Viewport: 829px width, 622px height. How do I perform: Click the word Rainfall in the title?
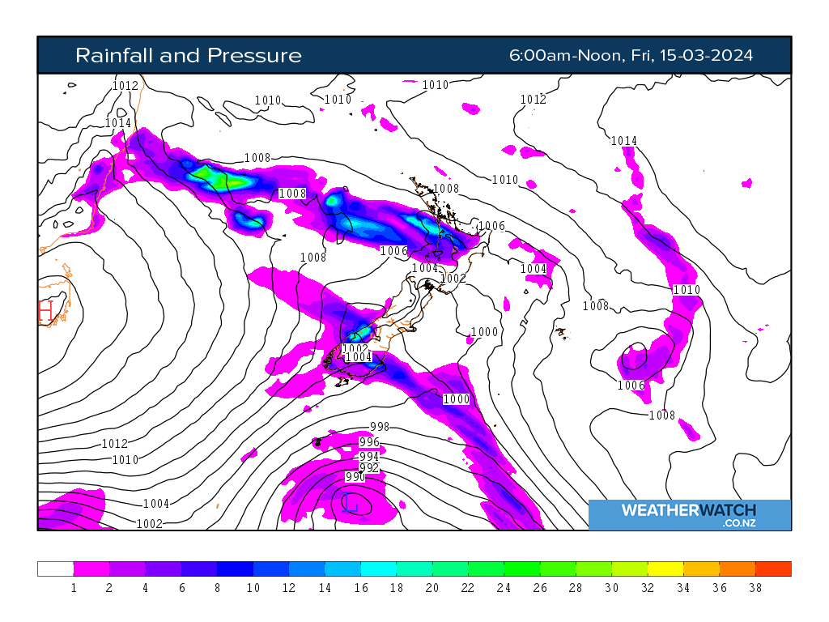click(x=113, y=55)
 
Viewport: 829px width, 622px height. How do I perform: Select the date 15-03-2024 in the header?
click(x=706, y=55)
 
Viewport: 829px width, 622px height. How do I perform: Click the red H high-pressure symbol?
click(x=45, y=312)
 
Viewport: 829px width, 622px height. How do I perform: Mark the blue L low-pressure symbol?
click(x=351, y=503)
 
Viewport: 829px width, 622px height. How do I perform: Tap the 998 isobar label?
click(x=380, y=427)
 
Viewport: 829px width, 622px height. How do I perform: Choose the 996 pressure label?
click(x=369, y=442)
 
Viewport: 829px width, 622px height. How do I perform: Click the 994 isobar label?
click(x=369, y=457)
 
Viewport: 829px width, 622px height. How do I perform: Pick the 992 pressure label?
click(x=369, y=468)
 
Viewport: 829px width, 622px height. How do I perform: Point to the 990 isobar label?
click(x=355, y=477)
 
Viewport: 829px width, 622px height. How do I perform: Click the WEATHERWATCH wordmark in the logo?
click(x=688, y=510)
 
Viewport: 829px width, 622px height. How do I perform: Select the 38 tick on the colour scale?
click(x=755, y=589)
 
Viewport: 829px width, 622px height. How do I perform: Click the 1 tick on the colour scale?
click(x=74, y=589)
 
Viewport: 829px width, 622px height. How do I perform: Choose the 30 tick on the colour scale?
click(x=612, y=589)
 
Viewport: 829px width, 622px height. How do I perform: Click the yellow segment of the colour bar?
click(x=665, y=569)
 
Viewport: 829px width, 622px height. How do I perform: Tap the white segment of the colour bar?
click(x=55, y=569)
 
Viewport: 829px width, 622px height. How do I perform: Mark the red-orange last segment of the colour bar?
click(x=773, y=569)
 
